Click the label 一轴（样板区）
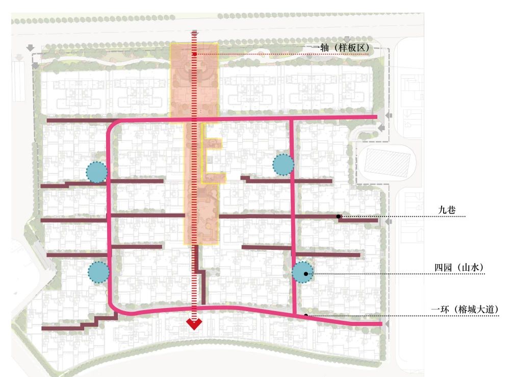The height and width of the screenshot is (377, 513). coord(342,48)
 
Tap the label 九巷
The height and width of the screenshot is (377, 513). coord(447,209)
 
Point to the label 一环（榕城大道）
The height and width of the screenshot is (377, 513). coord(465,309)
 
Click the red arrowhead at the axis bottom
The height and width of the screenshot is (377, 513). coord(194,324)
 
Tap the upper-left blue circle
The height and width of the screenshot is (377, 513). coord(96,172)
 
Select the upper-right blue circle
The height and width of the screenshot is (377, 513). coord(283,164)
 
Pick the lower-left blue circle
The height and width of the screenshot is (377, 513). coord(98,272)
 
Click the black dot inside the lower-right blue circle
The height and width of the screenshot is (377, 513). coord(305,274)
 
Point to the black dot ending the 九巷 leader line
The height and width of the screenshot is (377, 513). coord(339,217)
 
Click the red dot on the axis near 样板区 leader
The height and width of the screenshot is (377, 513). coord(195,54)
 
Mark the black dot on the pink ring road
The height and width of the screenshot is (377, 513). coord(306,315)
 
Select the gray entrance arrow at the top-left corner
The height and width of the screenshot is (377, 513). coord(30,48)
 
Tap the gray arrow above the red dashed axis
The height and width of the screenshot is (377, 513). coord(195,33)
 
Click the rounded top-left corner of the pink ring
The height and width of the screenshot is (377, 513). coord(112,125)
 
